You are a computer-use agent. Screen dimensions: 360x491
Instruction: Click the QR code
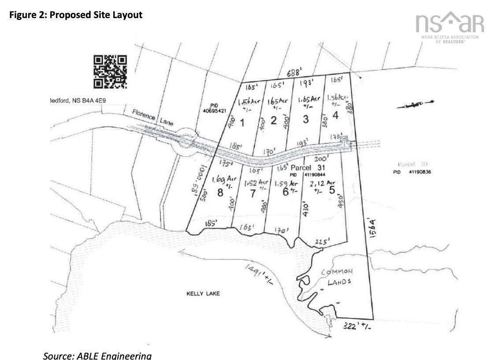110,71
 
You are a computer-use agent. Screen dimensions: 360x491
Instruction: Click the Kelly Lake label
203,293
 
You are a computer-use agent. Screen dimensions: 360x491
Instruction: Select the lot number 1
242,122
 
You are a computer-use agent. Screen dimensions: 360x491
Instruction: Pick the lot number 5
332,189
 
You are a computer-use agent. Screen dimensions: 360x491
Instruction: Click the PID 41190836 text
412,172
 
